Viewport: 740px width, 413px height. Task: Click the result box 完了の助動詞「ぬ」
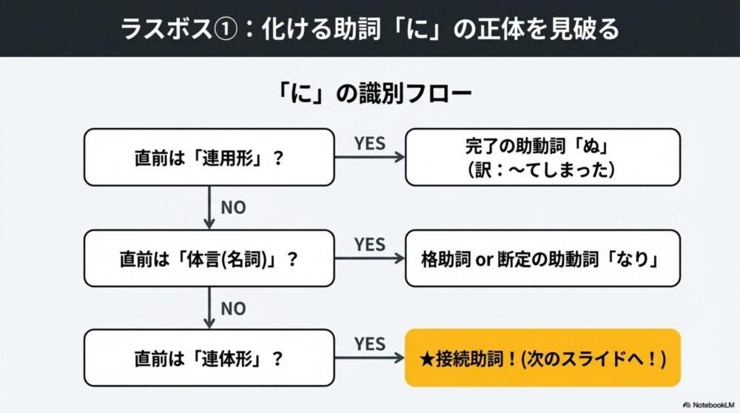[x=542, y=157]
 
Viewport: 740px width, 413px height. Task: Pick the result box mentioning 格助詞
[x=542, y=258]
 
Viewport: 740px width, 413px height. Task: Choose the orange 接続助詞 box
[x=542, y=357]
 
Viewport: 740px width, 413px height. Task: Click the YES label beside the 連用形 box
[x=370, y=144]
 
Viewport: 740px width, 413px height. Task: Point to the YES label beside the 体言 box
[x=370, y=244]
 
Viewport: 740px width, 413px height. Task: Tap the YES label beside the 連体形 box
[x=370, y=344]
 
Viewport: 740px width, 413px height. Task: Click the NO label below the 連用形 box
[x=233, y=208]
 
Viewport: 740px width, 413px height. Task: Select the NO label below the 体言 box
[x=233, y=308]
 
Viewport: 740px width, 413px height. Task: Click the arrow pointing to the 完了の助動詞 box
[x=370, y=158]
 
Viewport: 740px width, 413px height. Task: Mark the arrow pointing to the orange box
[x=370, y=358]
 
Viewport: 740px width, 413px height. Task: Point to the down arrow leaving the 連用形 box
[x=209, y=207]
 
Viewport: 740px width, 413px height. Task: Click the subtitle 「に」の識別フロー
[x=369, y=95]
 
